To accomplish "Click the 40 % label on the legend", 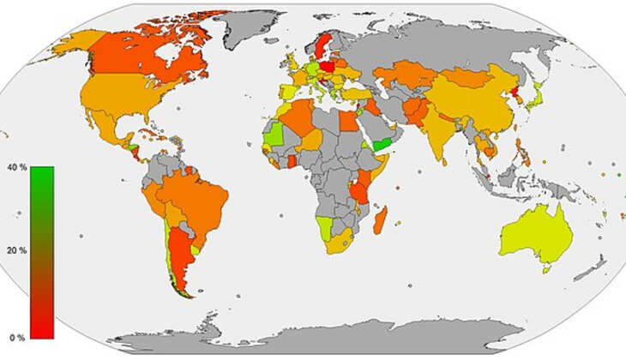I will coord(17,166).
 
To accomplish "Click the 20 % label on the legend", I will coord(17,250).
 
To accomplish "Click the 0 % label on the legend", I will coord(15,337).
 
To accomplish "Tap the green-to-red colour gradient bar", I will coord(42,252).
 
